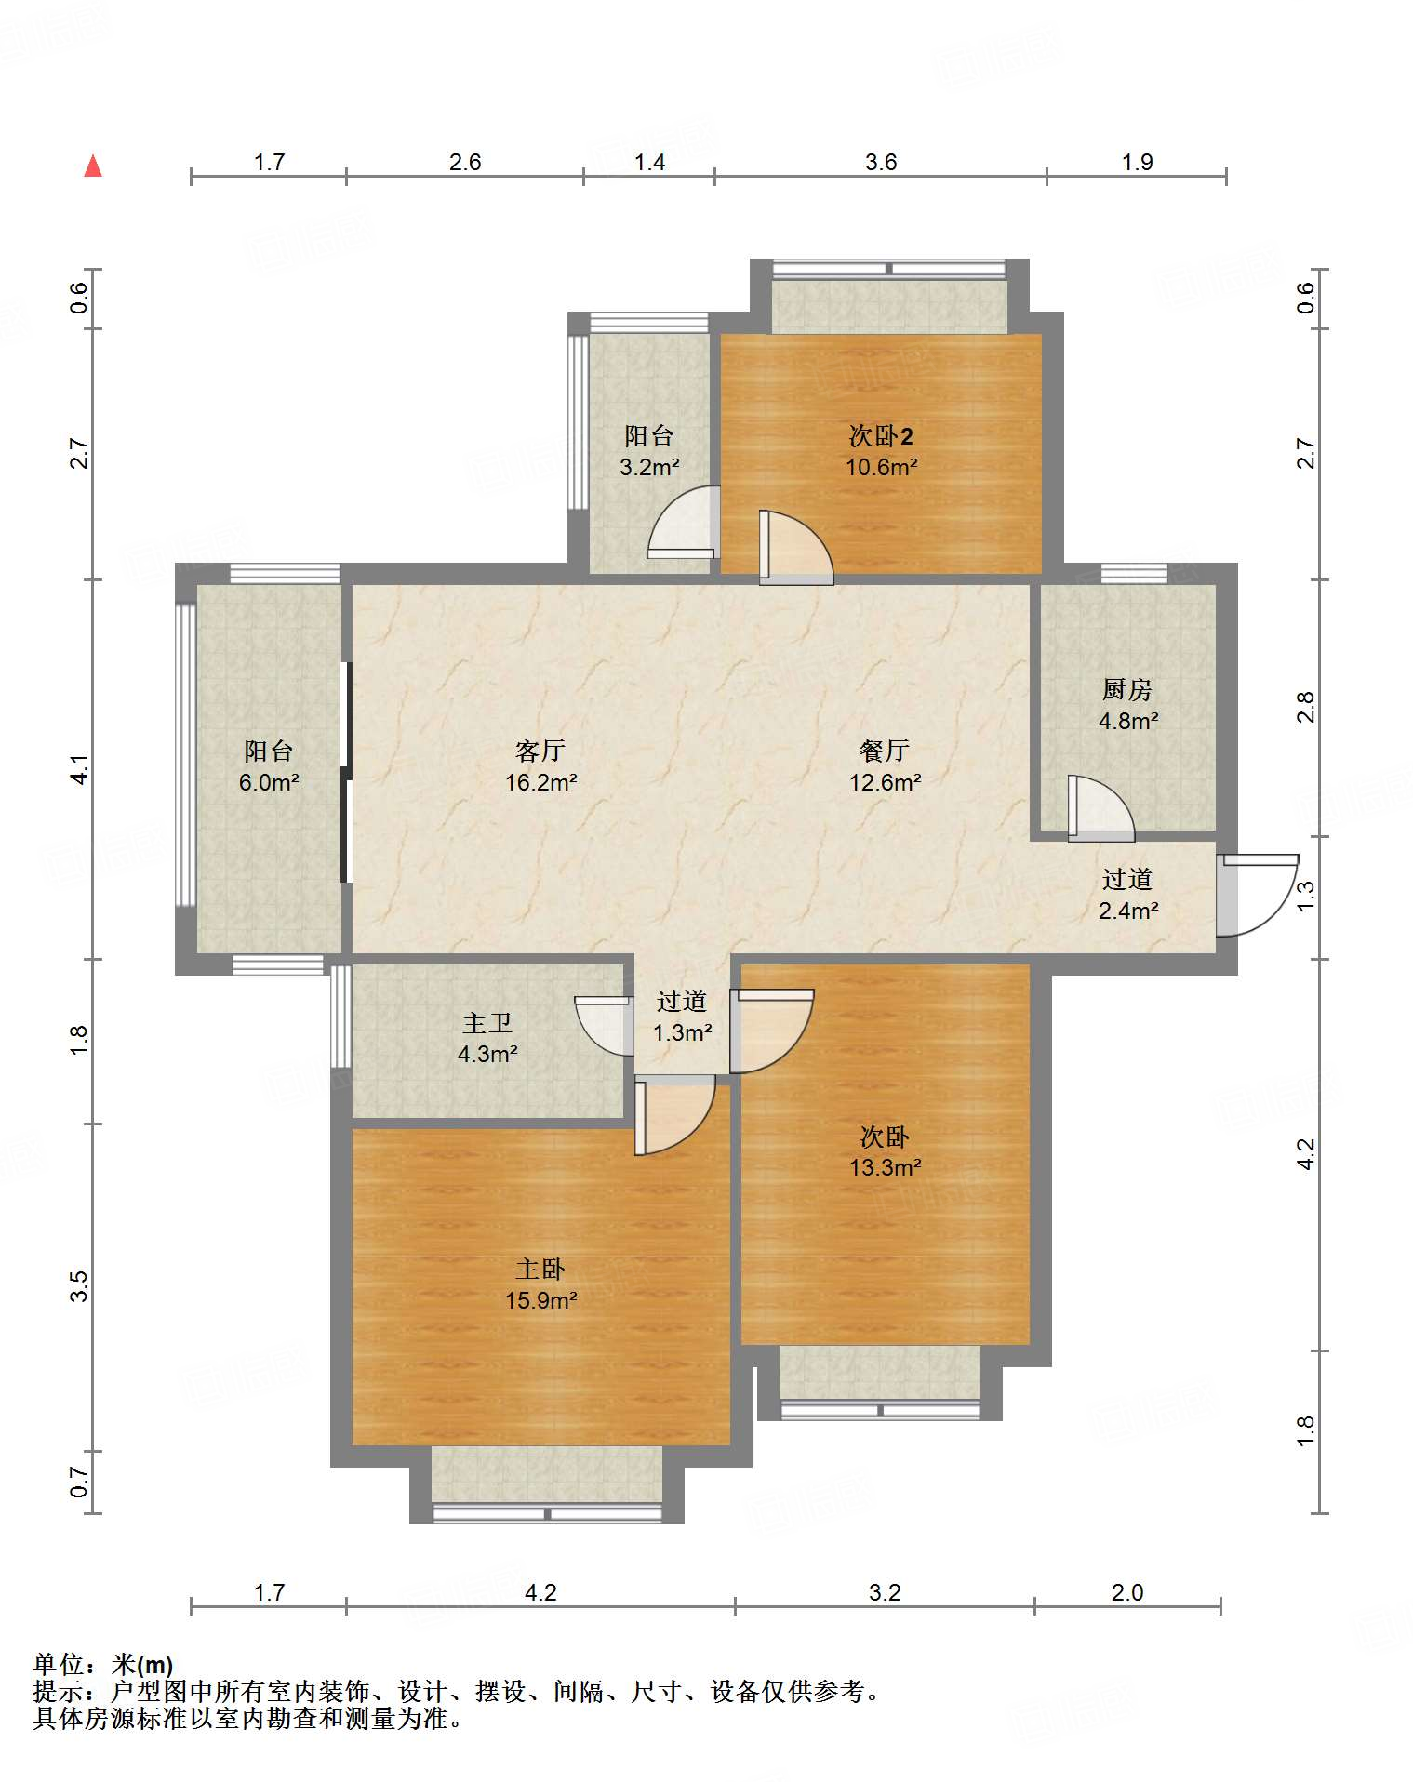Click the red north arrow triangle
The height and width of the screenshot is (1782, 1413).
tap(93, 166)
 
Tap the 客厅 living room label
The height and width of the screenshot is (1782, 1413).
tap(540, 751)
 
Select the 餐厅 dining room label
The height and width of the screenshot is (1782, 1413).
tap(885, 751)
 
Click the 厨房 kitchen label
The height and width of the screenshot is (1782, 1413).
tap(1127, 689)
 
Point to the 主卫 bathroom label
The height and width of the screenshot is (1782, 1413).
tap(487, 1023)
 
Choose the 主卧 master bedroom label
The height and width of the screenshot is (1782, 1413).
tap(540, 1269)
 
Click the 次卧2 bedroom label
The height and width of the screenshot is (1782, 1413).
tap(881, 435)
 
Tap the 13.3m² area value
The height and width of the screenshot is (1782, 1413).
tap(885, 1167)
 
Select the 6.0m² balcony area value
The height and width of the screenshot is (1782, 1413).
tap(269, 782)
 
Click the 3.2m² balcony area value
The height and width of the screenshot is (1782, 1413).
tap(649, 467)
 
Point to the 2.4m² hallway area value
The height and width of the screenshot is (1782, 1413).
tap(1128, 911)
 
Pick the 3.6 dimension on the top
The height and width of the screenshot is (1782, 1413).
tap(881, 163)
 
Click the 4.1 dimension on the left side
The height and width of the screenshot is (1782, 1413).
tap(80, 769)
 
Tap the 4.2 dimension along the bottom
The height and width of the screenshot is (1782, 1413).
tap(540, 1593)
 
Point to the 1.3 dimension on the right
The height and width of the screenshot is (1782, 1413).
tap(1306, 895)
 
